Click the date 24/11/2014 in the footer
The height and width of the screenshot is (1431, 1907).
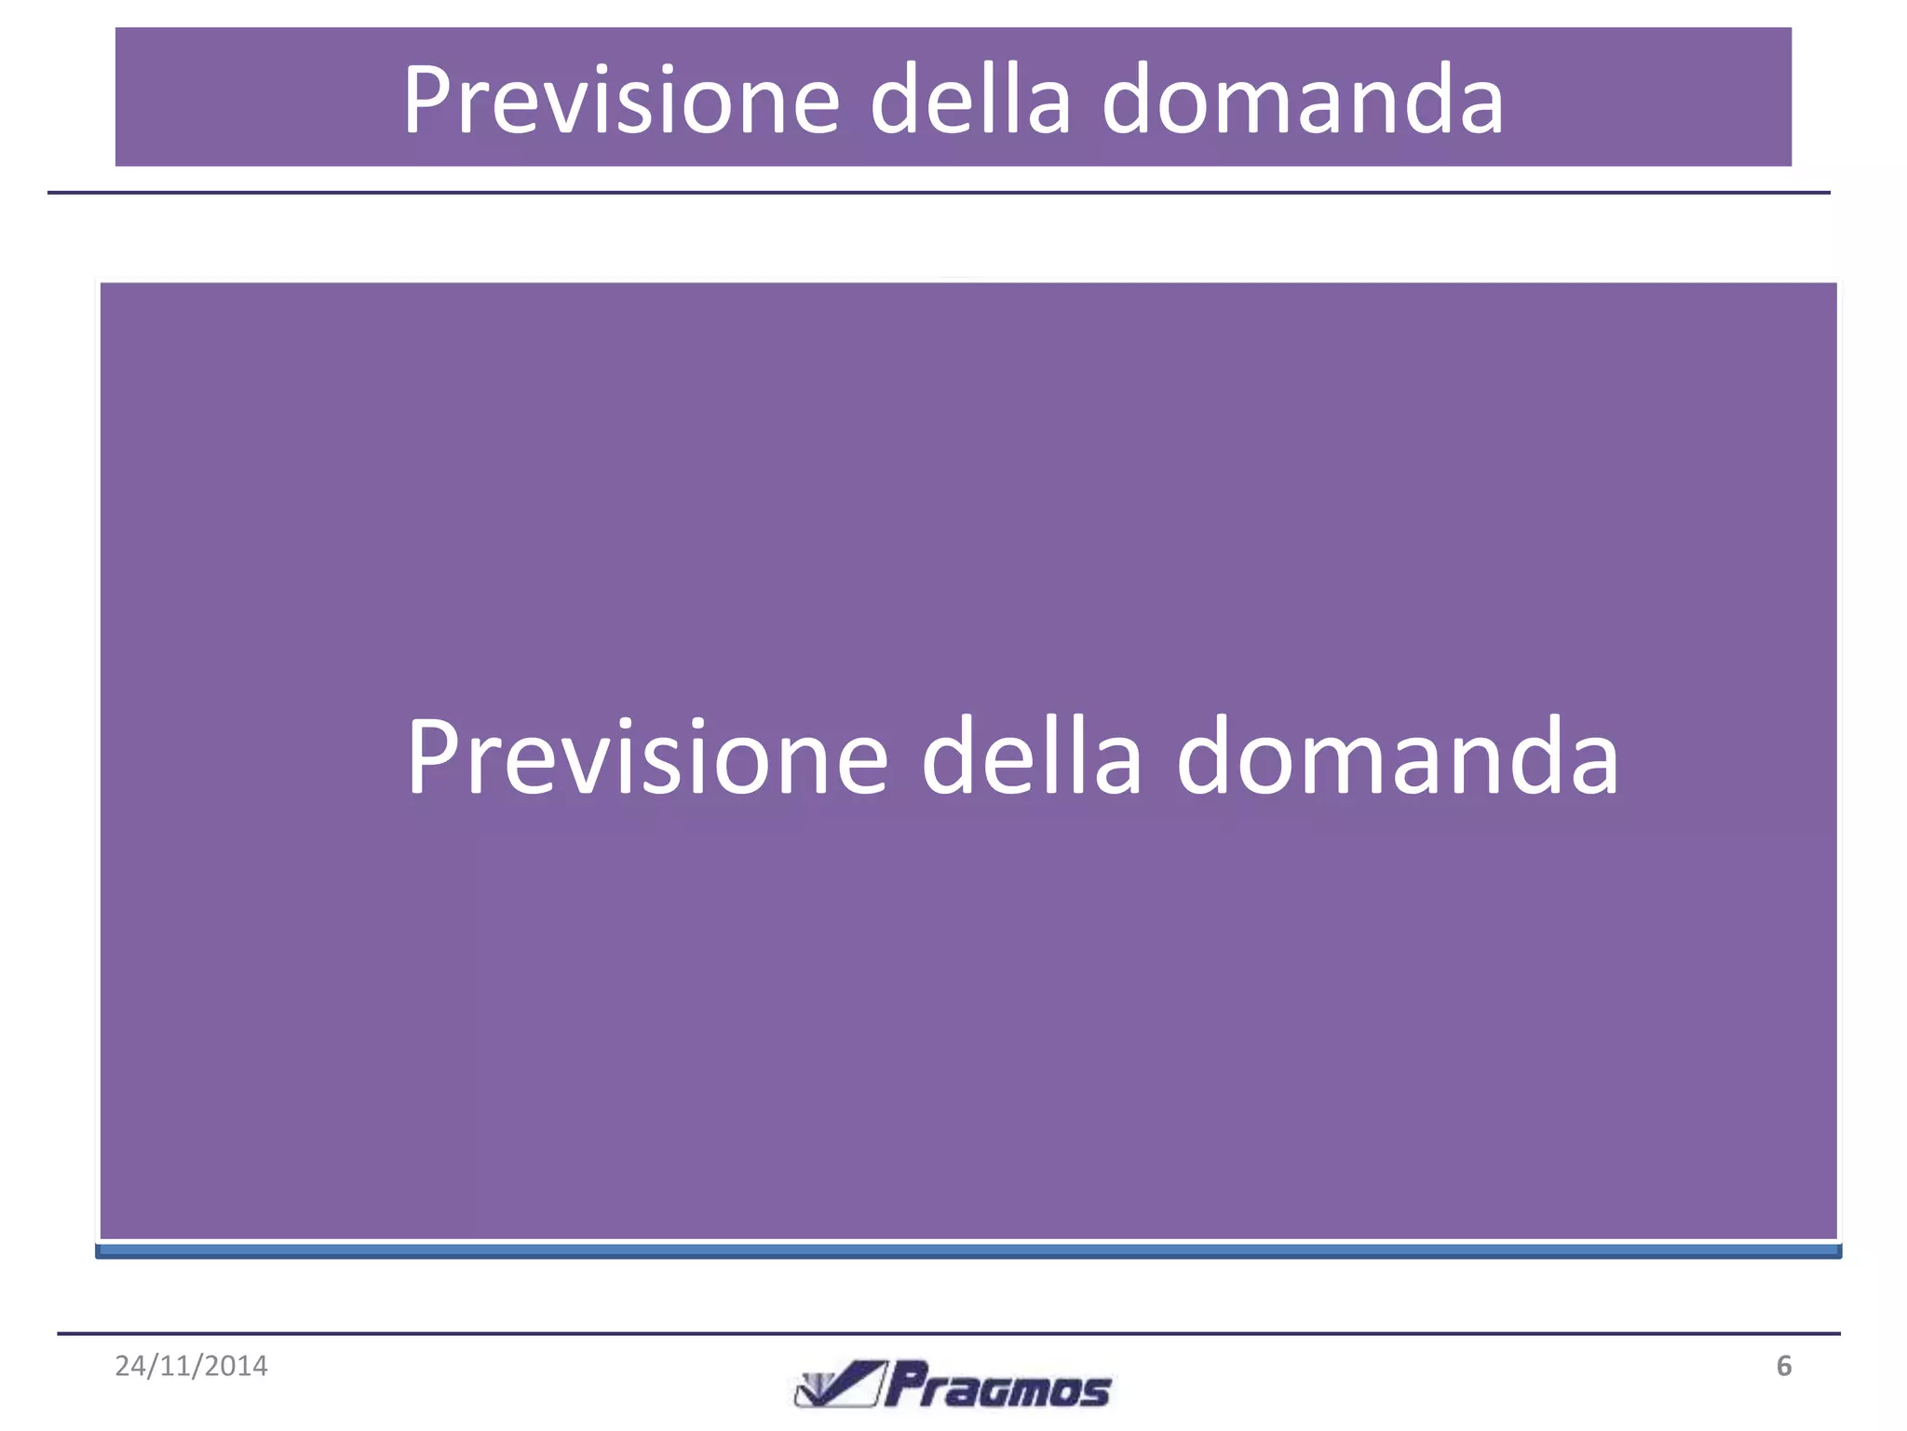point(191,1366)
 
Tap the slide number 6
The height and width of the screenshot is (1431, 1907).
point(1783,1366)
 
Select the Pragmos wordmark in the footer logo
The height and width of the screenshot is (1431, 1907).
point(998,1386)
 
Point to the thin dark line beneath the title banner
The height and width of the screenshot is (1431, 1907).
point(939,193)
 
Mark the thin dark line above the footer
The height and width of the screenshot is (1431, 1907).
point(948,1334)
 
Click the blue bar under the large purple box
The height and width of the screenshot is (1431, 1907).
point(968,1251)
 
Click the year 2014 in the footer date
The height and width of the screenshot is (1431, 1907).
point(237,1366)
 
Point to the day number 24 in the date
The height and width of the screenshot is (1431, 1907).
point(129,1366)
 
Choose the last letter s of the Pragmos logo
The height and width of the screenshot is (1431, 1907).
point(1097,1392)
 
